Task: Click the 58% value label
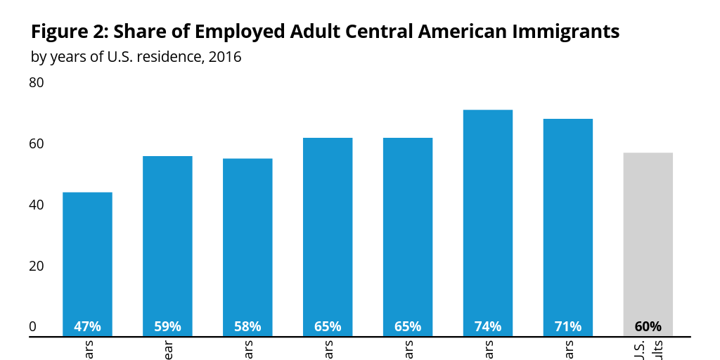click(247, 326)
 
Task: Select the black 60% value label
click(648, 326)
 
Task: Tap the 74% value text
click(488, 326)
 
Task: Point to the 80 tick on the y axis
click(36, 83)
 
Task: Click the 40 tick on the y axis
click(36, 205)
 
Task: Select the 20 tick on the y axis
click(36, 266)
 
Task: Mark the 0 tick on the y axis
click(32, 326)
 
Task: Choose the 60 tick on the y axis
click(36, 144)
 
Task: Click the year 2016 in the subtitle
click(225, 57)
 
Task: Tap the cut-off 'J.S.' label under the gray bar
click(639, 349)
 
